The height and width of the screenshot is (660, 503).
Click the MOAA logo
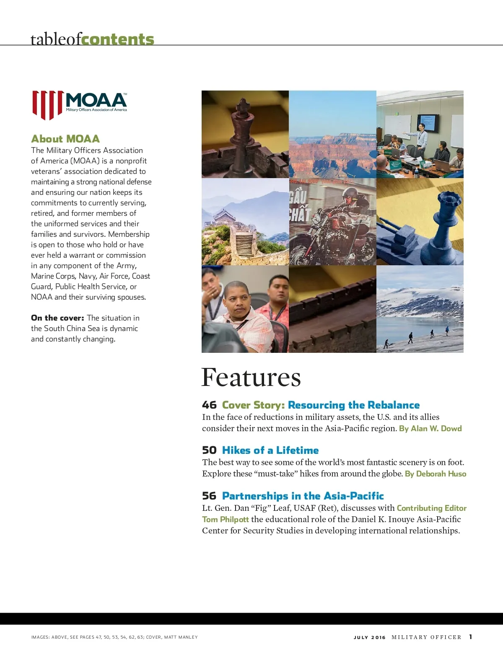point(80,105)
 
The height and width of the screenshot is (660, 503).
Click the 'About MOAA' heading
point(65,139)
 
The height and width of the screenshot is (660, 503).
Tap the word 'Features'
point(251,377)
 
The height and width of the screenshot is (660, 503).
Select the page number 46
point(209,405)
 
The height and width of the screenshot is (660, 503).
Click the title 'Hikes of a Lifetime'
point(270,450)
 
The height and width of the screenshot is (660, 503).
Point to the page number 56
point(209,496)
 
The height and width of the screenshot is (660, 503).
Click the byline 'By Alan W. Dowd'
point(430,428)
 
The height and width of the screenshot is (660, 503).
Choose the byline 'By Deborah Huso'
point(436,474)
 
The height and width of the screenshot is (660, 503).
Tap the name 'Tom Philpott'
point(226,519)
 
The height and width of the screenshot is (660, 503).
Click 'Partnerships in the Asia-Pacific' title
point(303,496)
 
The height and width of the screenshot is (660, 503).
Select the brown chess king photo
point(245,134)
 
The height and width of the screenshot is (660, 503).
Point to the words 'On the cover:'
point(57,318)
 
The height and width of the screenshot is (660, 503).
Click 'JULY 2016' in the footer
point(369,637)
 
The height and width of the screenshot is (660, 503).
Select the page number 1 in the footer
point(471,637)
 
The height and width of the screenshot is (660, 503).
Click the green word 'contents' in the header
point(118,39)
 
